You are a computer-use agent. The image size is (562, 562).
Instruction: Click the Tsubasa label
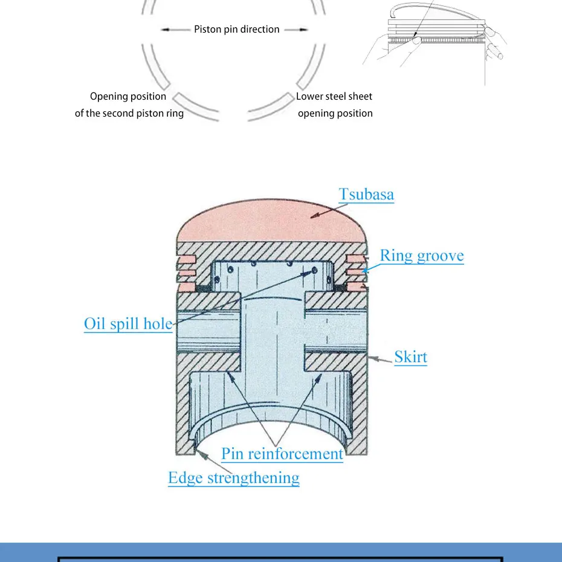pyautogui.click(x=366, y=195)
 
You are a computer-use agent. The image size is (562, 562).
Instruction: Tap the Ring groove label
pyautogui.click(x=422, y=256)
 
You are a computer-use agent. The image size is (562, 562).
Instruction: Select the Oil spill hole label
pyautogui.click(x=128, y=324)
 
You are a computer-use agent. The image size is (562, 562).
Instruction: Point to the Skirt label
pyautogui.click(x=411, y=357)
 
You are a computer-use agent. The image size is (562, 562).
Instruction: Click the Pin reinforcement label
pyautogui.click(x=282, y=454)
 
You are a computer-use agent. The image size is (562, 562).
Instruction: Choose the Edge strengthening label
pyautogui.click(x=234, y=478)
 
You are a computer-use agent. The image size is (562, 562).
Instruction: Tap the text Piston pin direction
pyautogui.click(x=237, y=29)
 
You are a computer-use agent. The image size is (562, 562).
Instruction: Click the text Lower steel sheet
pyautogui.click(x=334, y=97)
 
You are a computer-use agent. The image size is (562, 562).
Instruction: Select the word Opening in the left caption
pyautogui.click(x=110, y=97)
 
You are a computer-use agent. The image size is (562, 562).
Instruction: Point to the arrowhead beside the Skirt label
pyautogui.click(x=374, y=359)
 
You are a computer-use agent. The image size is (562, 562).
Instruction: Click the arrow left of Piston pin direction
pyautogui.click(x=176, y=29)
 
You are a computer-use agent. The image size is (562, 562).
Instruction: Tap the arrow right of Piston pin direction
pyautogui.click(x=297, y=29)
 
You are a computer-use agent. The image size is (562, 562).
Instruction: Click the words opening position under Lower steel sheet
pyautogui.click(x=335, y=113)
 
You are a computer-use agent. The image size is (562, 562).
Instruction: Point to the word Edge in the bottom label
pyautogui.click(x=186, y=478)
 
